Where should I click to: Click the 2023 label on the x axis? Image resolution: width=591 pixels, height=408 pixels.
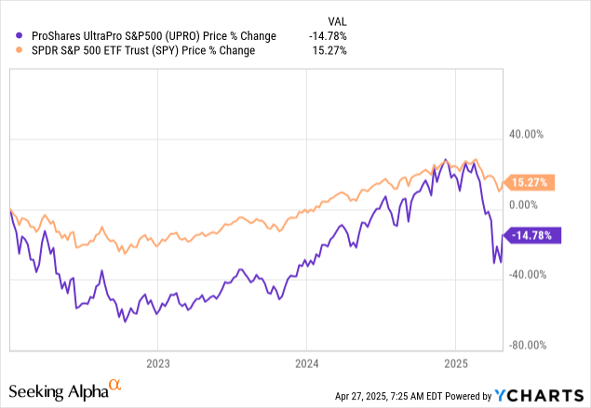click(x=157, y=363)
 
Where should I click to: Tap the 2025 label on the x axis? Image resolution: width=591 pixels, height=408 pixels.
click(x=456, y=363)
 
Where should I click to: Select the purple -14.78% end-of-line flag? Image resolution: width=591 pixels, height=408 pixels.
click(x=533, y=236)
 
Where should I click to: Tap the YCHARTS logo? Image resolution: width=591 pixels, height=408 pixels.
click(x=548, y=394)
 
